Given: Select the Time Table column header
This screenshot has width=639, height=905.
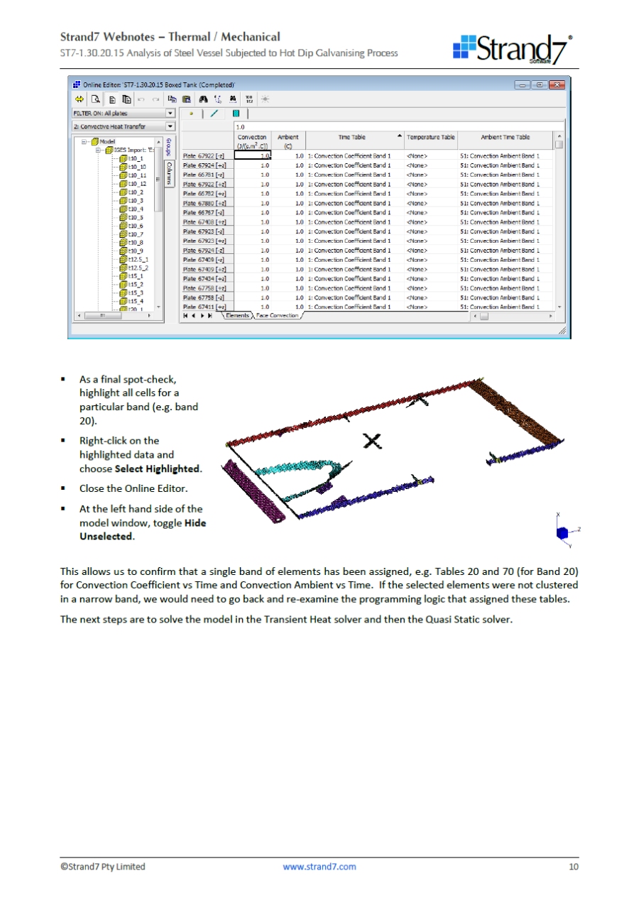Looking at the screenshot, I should [x=352, y=137].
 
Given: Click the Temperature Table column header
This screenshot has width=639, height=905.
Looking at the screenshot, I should [x=431, y=137].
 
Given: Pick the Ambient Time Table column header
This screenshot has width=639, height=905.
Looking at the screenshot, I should [x=505, y=137].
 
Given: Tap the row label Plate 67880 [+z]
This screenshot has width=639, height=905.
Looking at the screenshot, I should [x=204, y=203].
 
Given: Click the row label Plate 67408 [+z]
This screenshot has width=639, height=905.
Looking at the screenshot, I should [x=204, y=222].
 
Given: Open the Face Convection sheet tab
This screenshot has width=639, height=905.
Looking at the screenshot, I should [x=277, y=315].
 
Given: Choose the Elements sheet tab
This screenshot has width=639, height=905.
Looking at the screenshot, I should [x=238, y=315].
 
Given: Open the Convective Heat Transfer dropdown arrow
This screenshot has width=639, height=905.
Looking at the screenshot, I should [x=170, y=126].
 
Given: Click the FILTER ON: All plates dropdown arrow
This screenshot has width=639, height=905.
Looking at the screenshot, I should [x=170, y=113].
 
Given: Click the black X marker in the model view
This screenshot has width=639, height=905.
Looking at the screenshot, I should [x=371, y=441].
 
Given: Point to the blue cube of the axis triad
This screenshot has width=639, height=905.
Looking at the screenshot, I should [x=561, y=532].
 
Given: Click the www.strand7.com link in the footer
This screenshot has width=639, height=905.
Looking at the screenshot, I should [x=319, y=866].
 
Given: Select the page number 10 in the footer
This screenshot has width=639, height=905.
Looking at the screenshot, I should [x=573, y=866].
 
